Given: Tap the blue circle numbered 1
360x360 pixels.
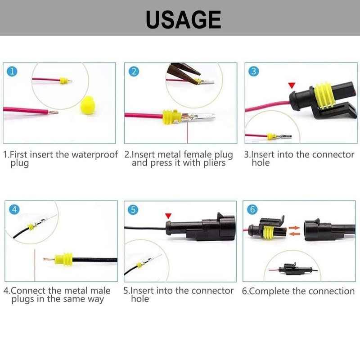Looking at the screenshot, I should [13, 72].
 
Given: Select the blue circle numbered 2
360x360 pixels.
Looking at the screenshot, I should [133, 72].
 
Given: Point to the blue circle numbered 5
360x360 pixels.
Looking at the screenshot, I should [133, 209].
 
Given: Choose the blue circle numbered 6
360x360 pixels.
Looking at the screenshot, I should [253, 209].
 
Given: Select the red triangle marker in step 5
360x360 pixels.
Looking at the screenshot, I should [169, 216].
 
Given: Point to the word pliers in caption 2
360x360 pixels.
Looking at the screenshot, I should [211, 163].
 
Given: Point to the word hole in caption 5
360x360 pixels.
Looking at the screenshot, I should [140, 299].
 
